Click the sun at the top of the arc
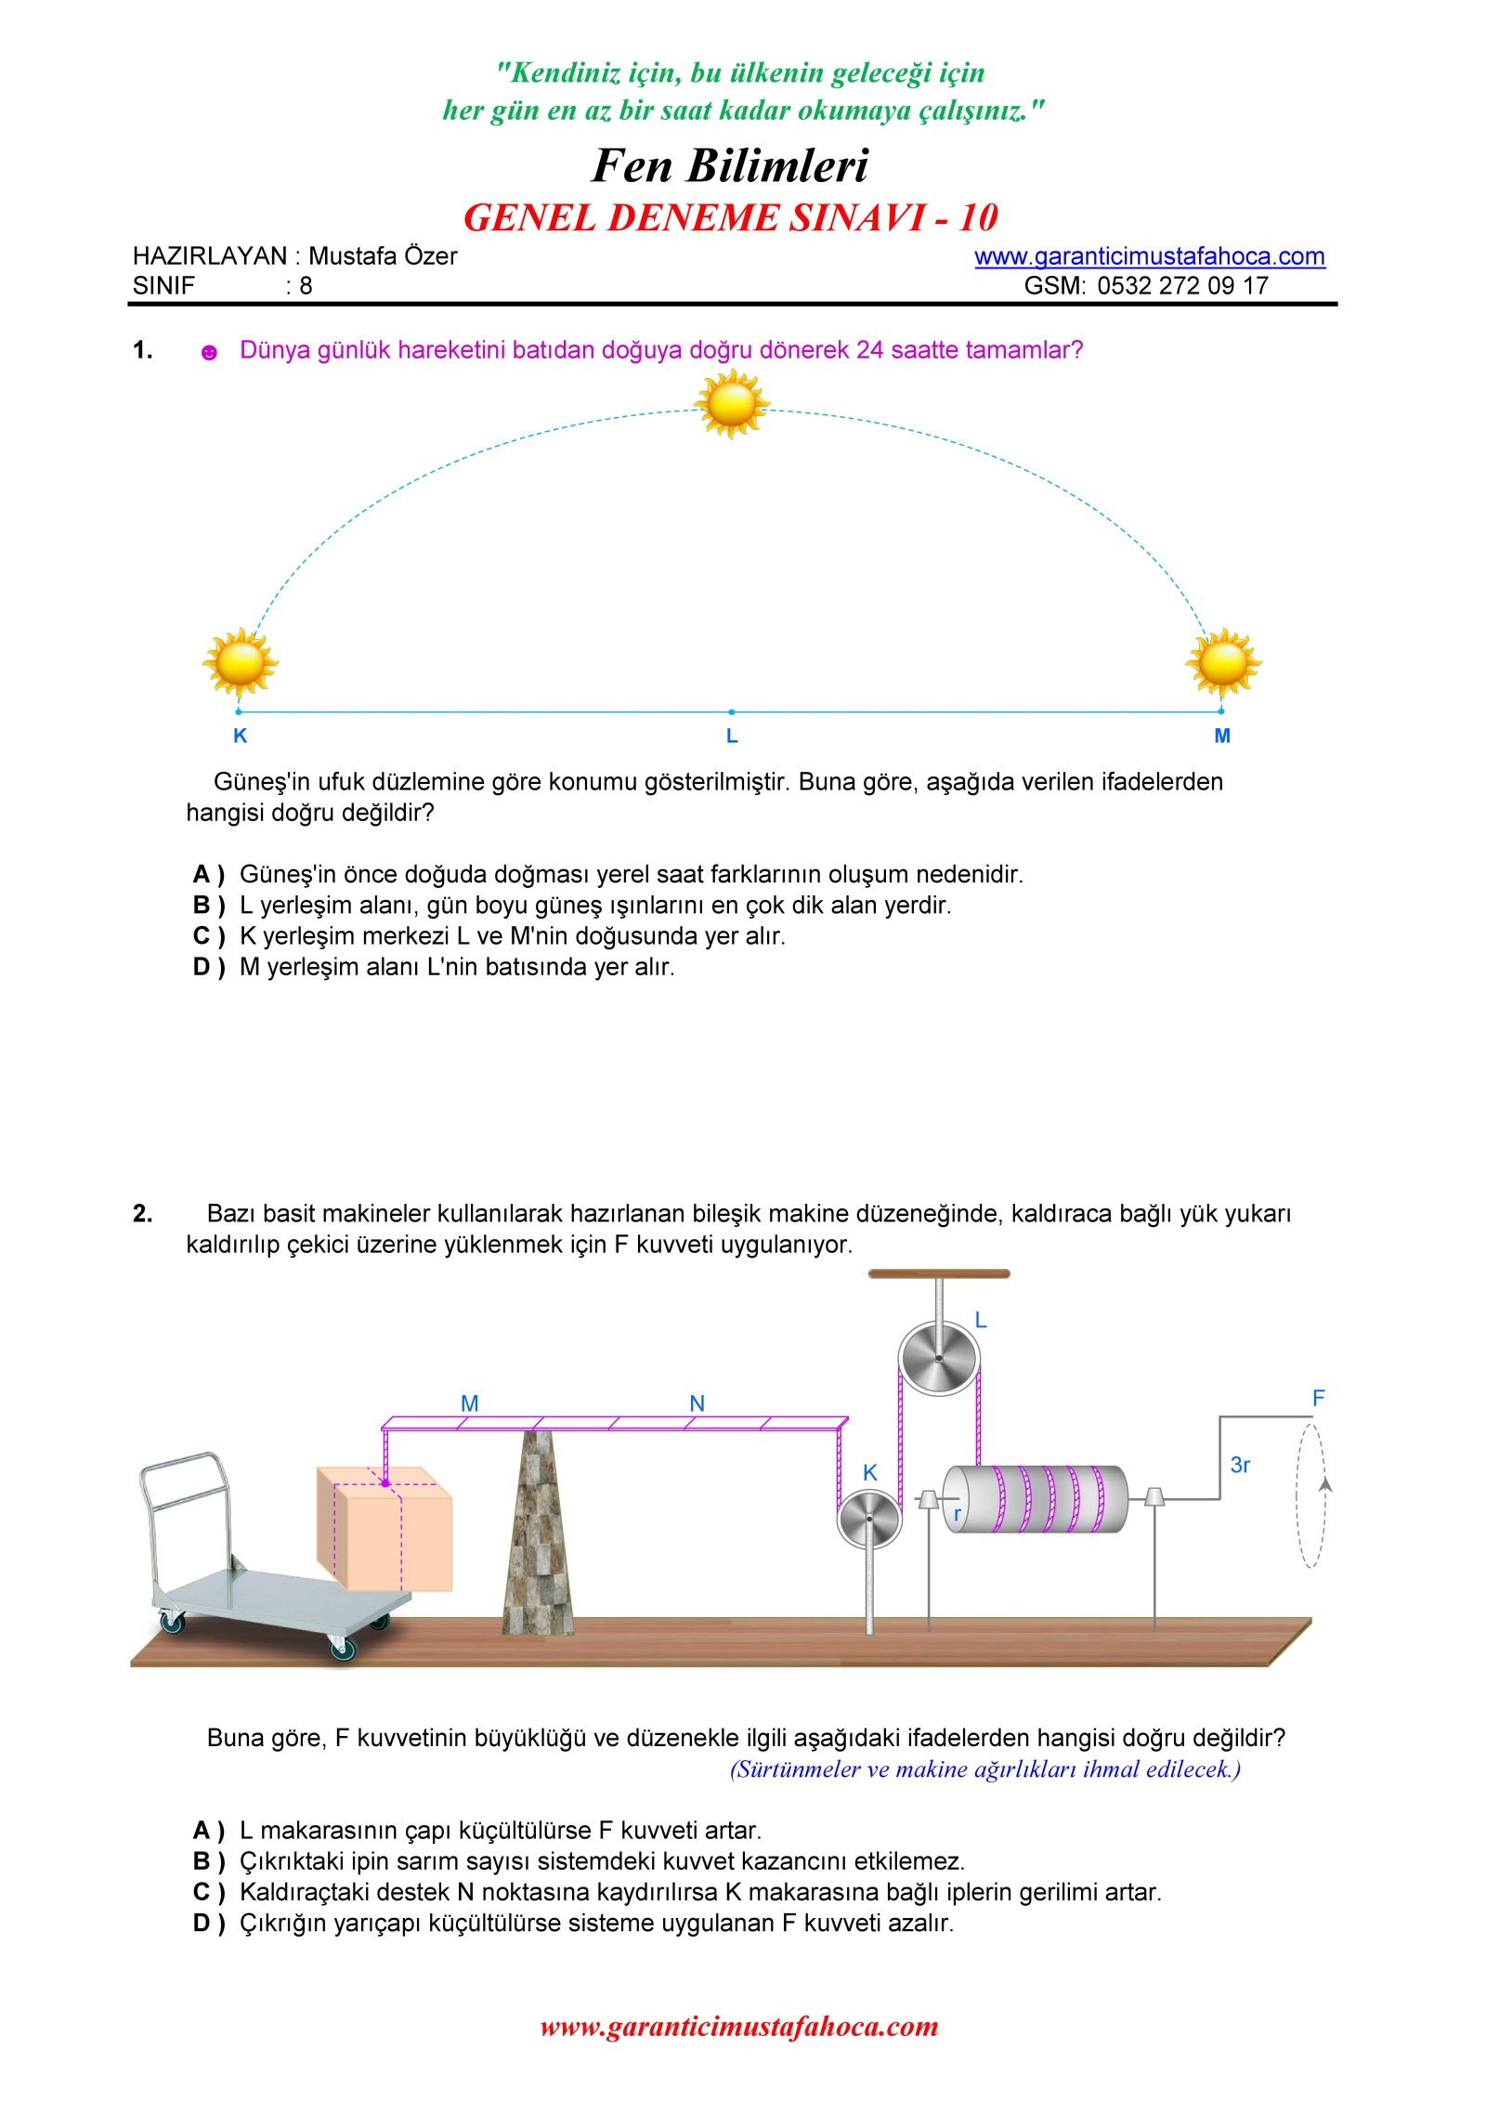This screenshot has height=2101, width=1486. coord(732,404)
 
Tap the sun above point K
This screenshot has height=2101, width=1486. coord(240,663)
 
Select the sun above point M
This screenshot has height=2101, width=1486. coord(1223,663)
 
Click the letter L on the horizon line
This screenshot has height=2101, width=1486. coord(732,736)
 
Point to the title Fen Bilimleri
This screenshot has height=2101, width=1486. coord(730,165)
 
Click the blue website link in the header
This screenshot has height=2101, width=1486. coord(1150,256)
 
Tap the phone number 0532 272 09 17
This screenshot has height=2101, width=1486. coord(1182,285)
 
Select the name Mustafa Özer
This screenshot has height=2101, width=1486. coord(383,256)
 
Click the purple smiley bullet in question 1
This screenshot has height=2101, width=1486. coord(210,352)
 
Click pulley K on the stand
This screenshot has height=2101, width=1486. coord(869,1518)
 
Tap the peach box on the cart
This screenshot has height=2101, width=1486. coord(385,1528)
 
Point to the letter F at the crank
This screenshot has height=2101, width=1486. coord(1318,1398)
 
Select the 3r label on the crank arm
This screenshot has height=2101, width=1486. coord(1240,1465)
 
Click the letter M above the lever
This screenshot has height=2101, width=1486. coord(470,1403)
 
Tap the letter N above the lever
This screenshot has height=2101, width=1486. coord(697,1403)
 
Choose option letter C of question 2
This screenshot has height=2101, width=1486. coord(202,1892)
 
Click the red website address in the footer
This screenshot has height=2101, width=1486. coord(739,2026)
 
